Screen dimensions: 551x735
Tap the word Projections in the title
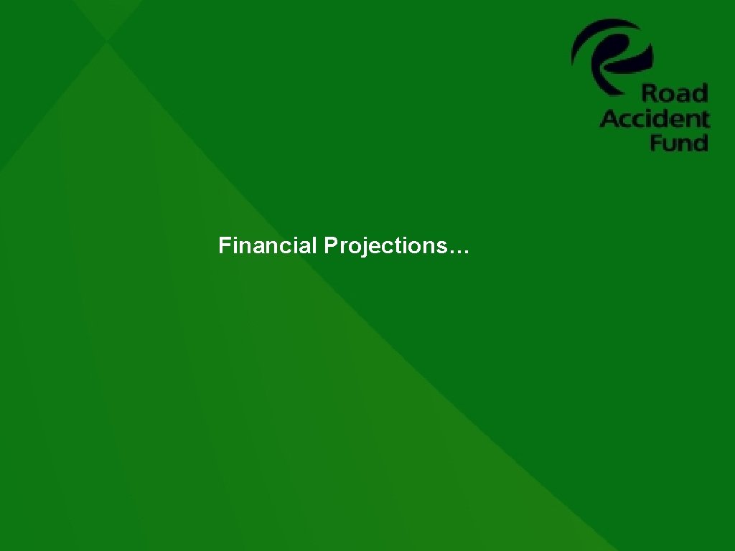coord(384,247)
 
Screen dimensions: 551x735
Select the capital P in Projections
coord(330,246)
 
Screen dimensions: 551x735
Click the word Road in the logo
coord(674,93)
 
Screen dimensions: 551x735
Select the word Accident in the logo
coord(654,118)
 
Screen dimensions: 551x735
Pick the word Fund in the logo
coord(679,142)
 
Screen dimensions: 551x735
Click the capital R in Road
coord(648,93)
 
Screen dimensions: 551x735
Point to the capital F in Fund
coord(656,142)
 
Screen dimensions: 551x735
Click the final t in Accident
coord(705,118)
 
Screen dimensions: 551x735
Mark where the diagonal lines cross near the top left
coord(107,41)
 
